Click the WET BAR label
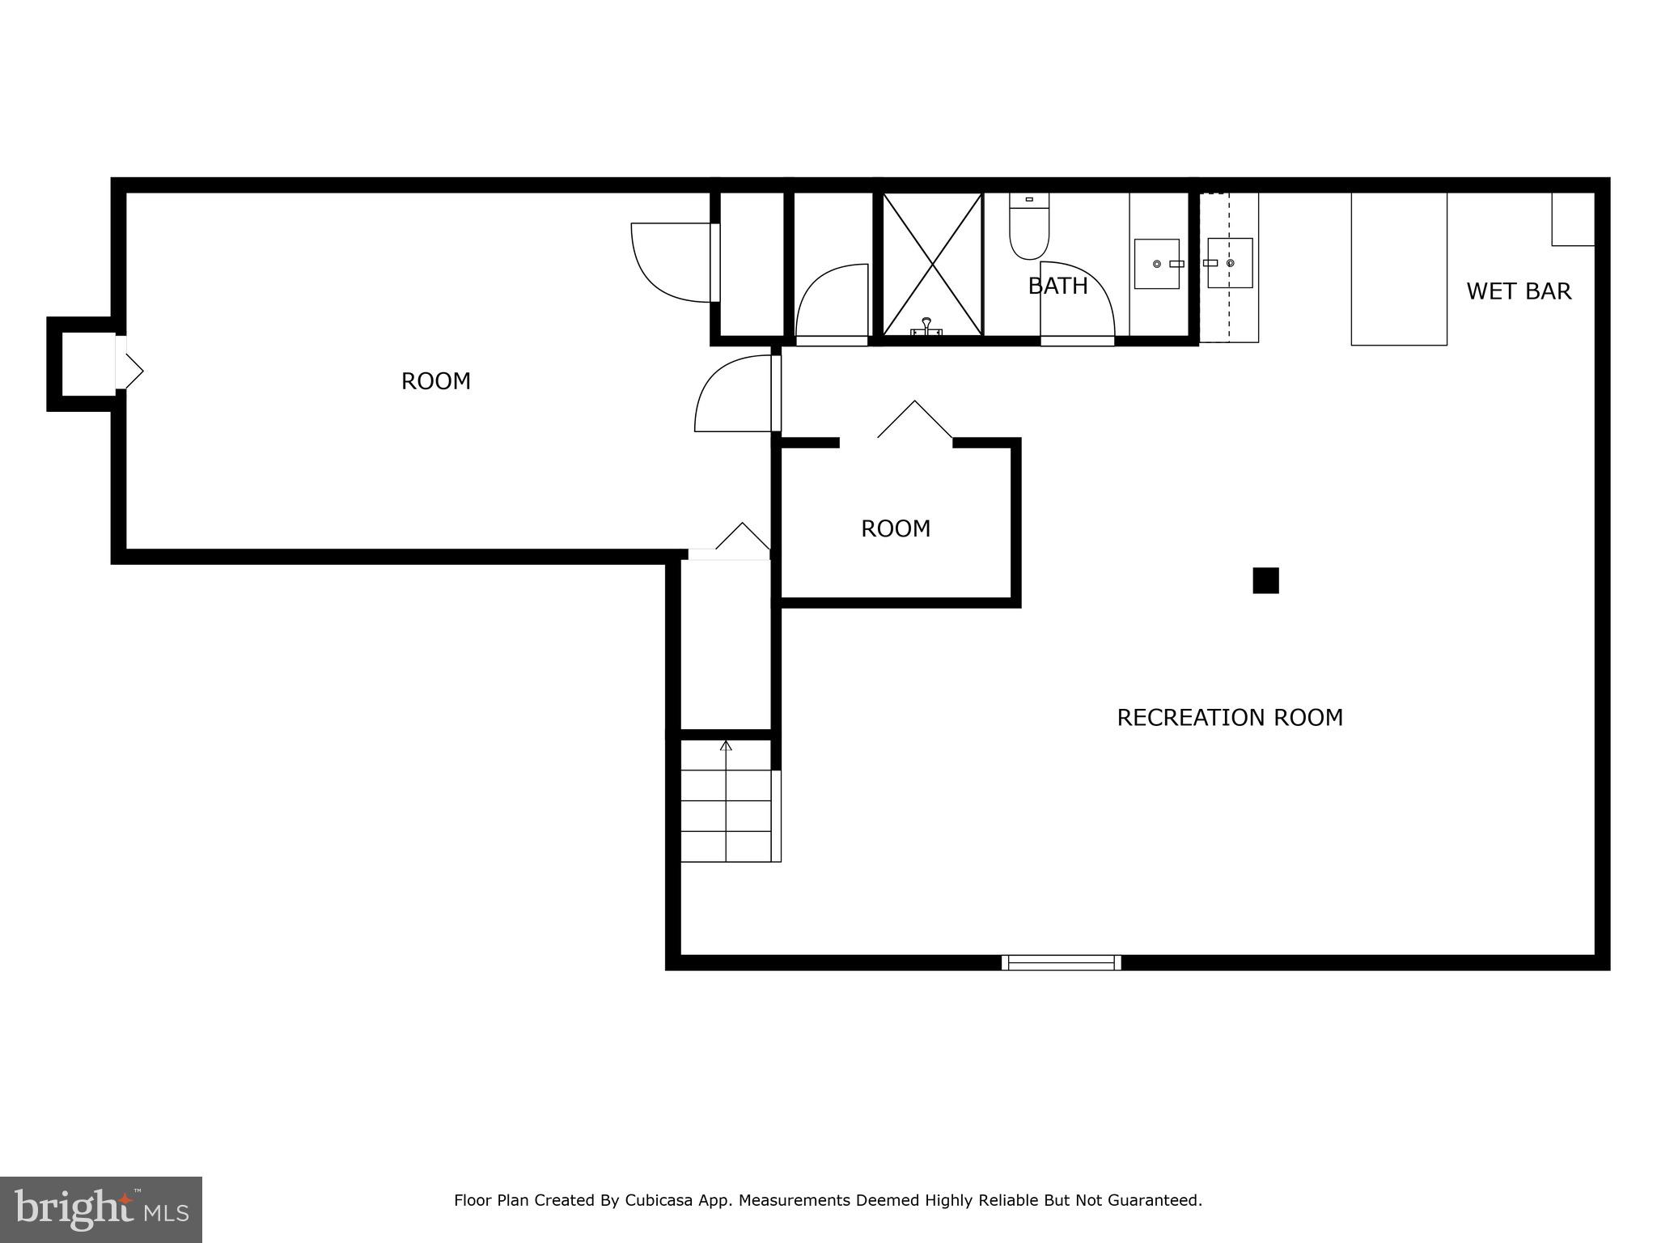1518,291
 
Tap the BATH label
1057,286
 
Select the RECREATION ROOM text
1229,718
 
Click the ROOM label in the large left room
435,381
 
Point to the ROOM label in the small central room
895,528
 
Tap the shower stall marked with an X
933,264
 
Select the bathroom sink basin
1156,264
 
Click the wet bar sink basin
1230,263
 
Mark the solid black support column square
1265,581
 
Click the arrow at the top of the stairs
726,746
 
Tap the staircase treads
726,816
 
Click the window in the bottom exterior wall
1061,962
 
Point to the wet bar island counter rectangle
1398,269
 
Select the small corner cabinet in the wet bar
1572,219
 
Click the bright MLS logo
101,1209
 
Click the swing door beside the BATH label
1078,299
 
